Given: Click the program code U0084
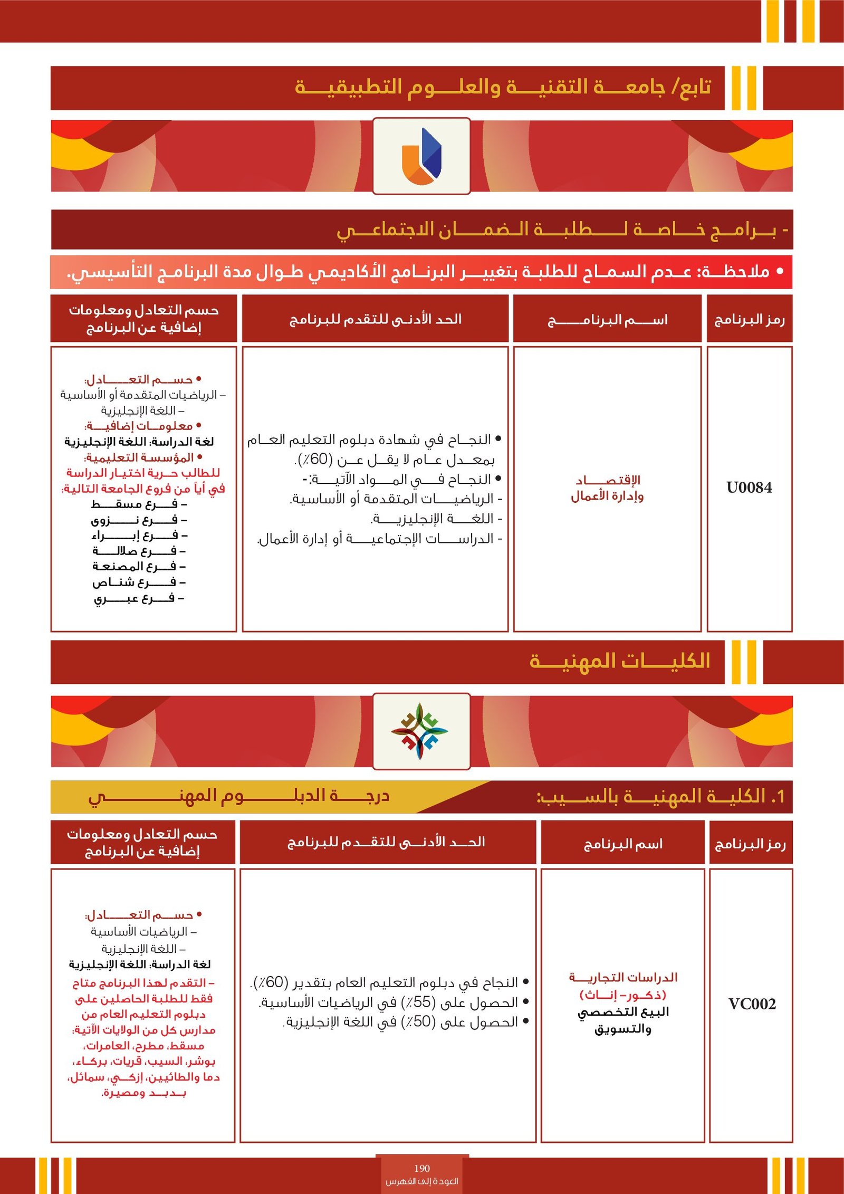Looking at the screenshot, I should pos(749,488).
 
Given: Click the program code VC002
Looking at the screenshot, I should pos(752,1004).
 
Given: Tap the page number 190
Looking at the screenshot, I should pos(421,1168).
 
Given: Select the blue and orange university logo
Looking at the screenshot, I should pos(421,156).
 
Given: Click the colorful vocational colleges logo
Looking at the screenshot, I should pos(420,731).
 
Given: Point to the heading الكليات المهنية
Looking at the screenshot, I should pos(620,661).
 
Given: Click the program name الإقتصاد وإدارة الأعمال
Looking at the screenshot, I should pos(607,488).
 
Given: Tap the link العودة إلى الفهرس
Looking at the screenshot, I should pos(421,1181).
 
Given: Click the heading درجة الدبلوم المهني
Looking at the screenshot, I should pos(238,796).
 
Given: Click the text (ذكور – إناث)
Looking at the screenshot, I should pos(623,995).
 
